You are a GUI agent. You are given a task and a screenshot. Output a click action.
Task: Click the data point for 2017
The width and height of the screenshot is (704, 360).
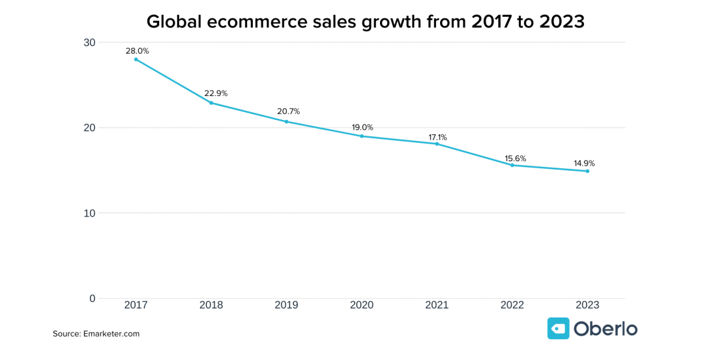[136, 59]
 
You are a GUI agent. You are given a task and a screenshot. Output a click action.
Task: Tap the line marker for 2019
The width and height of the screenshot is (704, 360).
[287, 121]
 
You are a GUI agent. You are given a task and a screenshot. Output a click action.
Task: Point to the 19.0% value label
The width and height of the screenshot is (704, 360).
[362, 127]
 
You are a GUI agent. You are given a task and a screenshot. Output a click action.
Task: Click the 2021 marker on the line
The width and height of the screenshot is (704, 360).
[437, 143]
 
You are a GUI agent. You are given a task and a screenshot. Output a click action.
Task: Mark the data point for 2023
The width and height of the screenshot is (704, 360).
[587, 171]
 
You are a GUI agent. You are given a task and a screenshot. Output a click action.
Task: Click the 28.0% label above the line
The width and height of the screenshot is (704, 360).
[138, 51]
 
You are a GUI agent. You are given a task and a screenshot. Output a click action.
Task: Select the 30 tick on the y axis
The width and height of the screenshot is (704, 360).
[89, 43]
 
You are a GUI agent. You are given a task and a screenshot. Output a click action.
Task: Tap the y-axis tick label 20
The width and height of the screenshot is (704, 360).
[89, 128]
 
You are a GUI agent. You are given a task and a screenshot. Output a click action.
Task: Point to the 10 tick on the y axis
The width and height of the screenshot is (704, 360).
[89, 213]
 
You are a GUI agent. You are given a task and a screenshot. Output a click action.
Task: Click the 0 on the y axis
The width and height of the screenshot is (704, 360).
[92, 299]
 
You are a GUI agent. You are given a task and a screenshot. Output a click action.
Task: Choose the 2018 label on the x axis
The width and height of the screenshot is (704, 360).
[211, 305]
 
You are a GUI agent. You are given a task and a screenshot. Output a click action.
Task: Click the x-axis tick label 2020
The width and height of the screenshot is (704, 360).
[362, 305]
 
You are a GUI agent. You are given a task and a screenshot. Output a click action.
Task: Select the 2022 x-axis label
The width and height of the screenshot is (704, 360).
[512, 305]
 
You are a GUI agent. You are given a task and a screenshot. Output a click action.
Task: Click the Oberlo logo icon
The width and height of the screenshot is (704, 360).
[559, 328]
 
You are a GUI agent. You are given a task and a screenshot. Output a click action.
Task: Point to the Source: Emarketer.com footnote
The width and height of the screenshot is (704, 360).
[96, 334]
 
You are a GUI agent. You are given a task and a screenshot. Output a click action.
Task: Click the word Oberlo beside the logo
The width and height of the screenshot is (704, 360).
[606, 329]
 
